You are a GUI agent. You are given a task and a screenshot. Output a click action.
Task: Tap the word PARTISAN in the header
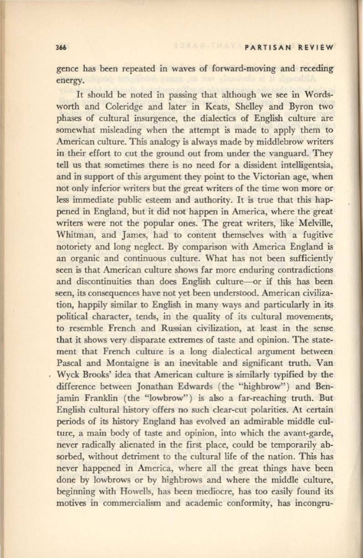[x=266, y=48]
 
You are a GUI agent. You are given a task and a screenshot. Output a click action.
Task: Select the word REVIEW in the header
[x=314, y=48]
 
